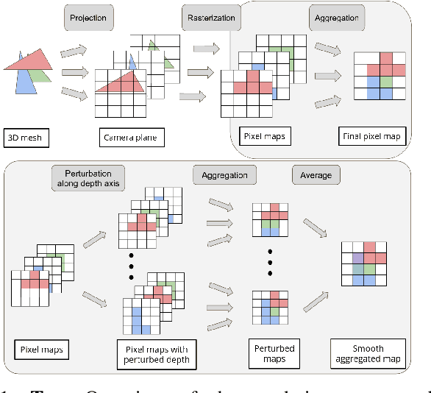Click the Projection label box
coord(88,17)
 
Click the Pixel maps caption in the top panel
coord(263,136)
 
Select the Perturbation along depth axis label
coord(87,178)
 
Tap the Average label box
coord(316,175)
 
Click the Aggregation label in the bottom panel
coord(225,175)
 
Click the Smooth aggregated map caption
coord(368,353)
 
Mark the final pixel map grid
coord(379,76)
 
